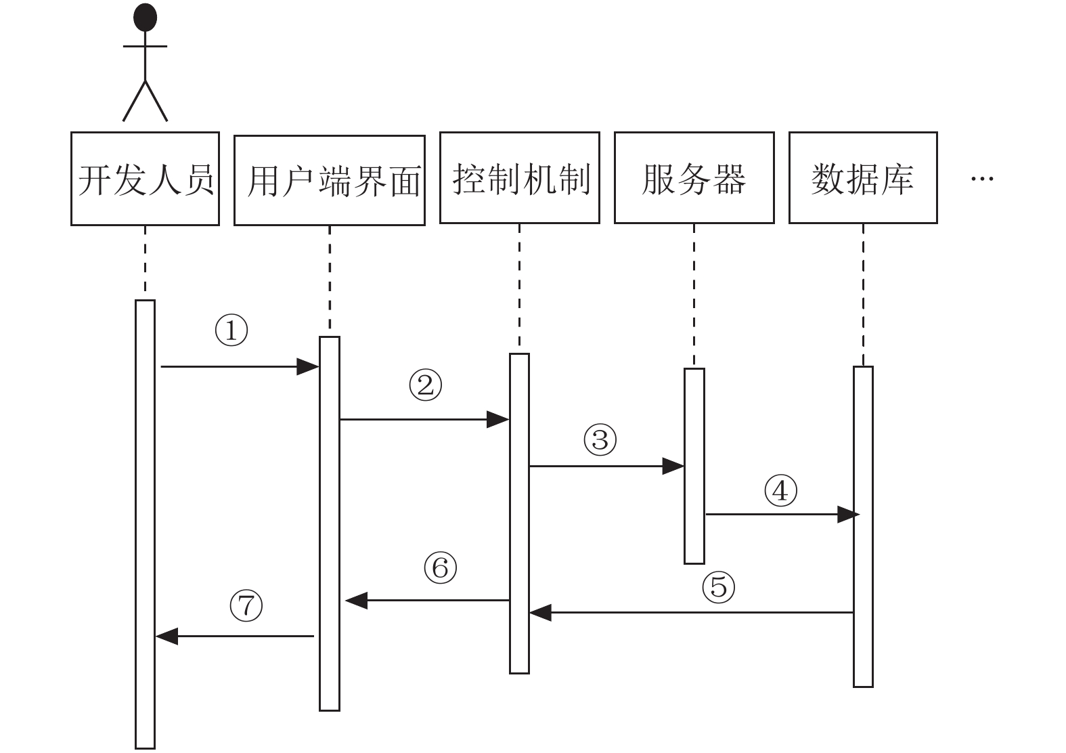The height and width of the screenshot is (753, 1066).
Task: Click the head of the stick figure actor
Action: [145, 17]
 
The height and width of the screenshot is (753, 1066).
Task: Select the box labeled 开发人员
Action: [145, 179]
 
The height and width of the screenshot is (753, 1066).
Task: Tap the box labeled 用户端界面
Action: [330, 180]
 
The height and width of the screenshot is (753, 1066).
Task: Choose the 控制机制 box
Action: [520, 177]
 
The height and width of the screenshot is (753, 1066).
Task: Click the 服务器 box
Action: [694, 177]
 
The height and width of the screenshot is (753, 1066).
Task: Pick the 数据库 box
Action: [863, 177]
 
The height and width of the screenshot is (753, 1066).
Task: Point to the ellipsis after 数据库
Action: [982, 179]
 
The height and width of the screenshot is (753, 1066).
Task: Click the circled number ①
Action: [231, 330]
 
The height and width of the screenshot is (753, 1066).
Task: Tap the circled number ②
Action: [426, 385]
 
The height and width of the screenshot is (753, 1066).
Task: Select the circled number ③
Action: [600, 439]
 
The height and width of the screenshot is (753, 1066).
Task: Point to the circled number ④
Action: [780, 490]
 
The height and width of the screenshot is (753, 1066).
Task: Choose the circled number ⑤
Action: [719, 587]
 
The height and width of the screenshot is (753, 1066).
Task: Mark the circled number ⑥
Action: [440, 567]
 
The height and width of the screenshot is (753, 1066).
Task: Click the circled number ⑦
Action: [246, 605]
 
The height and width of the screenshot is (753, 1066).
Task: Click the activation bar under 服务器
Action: [694, 466]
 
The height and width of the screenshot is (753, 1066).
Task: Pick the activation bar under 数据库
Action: [863, 526]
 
